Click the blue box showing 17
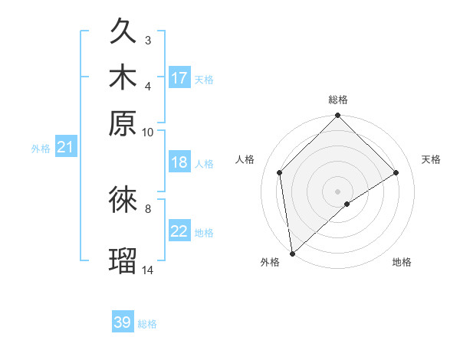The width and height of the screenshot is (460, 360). point(179,77)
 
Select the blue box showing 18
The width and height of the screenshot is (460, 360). point(179,162)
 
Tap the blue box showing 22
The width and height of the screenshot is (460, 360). point(179,231)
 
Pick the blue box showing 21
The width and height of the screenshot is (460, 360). point(65,147)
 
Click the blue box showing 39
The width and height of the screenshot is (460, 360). point(123,322)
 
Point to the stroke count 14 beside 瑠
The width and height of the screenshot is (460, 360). point(148,270)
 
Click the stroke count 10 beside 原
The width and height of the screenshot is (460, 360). point(148,132)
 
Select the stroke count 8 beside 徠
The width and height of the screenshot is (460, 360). point(148,207)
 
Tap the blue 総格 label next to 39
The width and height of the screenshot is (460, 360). point(147,324)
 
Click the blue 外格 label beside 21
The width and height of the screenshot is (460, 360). point(41,149)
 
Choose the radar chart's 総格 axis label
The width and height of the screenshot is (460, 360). point(338,100)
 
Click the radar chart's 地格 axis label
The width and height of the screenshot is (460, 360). point(402,262)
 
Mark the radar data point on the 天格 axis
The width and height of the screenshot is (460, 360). point(396,172)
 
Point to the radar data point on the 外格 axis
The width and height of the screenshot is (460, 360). point(292,254)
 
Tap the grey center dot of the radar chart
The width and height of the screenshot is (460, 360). point(338,191)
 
